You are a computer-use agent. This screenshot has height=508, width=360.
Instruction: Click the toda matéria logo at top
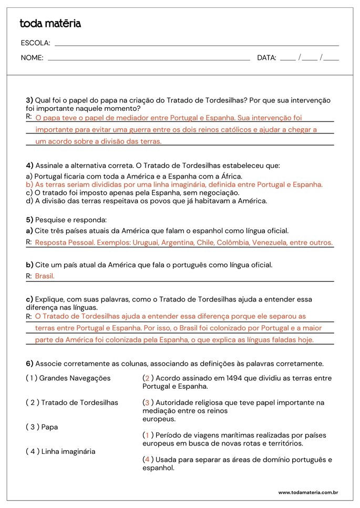point(50,24)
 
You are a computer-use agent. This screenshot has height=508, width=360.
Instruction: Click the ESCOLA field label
point(35,43)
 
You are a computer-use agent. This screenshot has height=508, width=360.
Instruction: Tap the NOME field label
point(32,58)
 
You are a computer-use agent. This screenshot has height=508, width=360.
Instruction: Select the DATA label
point(266,58)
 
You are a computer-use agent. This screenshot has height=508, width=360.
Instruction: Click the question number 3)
point(29,100)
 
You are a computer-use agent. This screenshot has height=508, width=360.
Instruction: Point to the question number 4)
point(29,165)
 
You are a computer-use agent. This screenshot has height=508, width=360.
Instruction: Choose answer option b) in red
point(174,185)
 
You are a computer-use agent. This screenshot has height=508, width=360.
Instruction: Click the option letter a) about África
point(29,177)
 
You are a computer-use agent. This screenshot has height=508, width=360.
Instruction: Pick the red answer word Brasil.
point(45,276)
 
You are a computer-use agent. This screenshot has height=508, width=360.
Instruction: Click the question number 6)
point(29,364)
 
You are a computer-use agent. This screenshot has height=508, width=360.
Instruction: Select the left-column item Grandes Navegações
point(75,378)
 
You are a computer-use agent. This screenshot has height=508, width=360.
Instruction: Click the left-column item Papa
point(49,427)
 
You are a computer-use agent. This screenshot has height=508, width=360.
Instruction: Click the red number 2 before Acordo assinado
point(147,378)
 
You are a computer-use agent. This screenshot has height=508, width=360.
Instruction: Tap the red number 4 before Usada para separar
point(147,460)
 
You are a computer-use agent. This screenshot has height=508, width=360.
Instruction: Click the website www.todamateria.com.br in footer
point(307,493)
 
